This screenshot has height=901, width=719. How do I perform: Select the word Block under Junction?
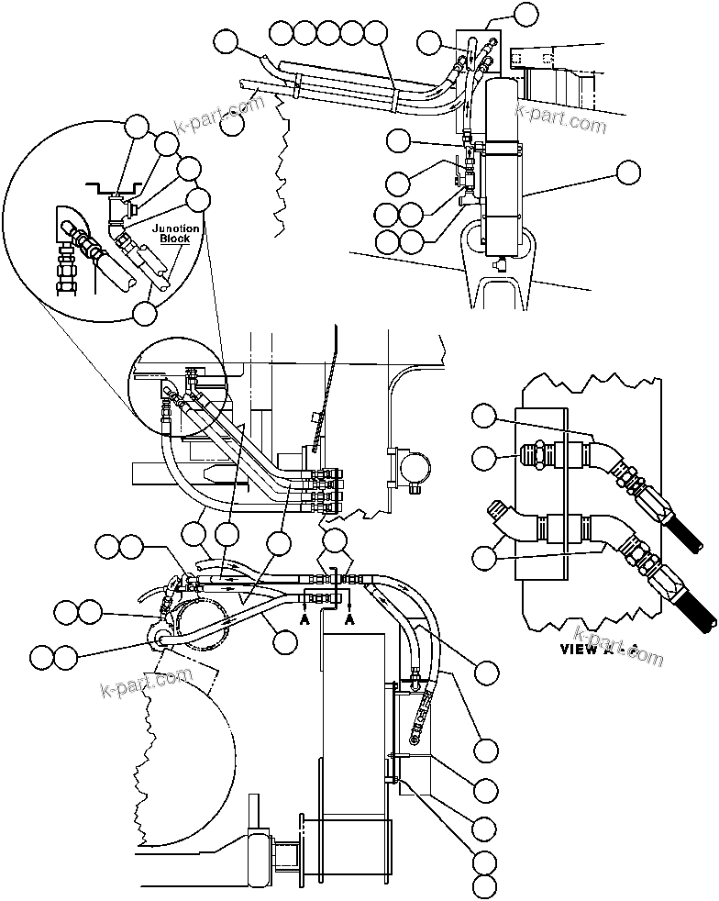pyautogui.click(x=174, y=239)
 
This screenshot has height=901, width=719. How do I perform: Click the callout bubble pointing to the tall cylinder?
pyautogui.click(x=629, y=172)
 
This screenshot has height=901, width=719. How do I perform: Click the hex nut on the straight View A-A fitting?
pyautogui.click(x=543, y=452)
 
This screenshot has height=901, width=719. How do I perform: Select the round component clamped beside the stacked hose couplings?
pyautogui.click(x=410, y=470)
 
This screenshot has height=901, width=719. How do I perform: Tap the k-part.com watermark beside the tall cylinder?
pyautogui.click(x=561, y=117)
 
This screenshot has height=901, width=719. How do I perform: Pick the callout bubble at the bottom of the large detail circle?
pyautogui.click(x=145, y=313)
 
